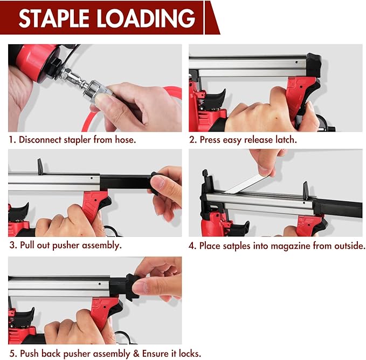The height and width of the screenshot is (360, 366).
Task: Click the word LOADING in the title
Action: tap(146, 18)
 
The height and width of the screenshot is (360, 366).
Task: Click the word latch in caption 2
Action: tap(285, 140)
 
